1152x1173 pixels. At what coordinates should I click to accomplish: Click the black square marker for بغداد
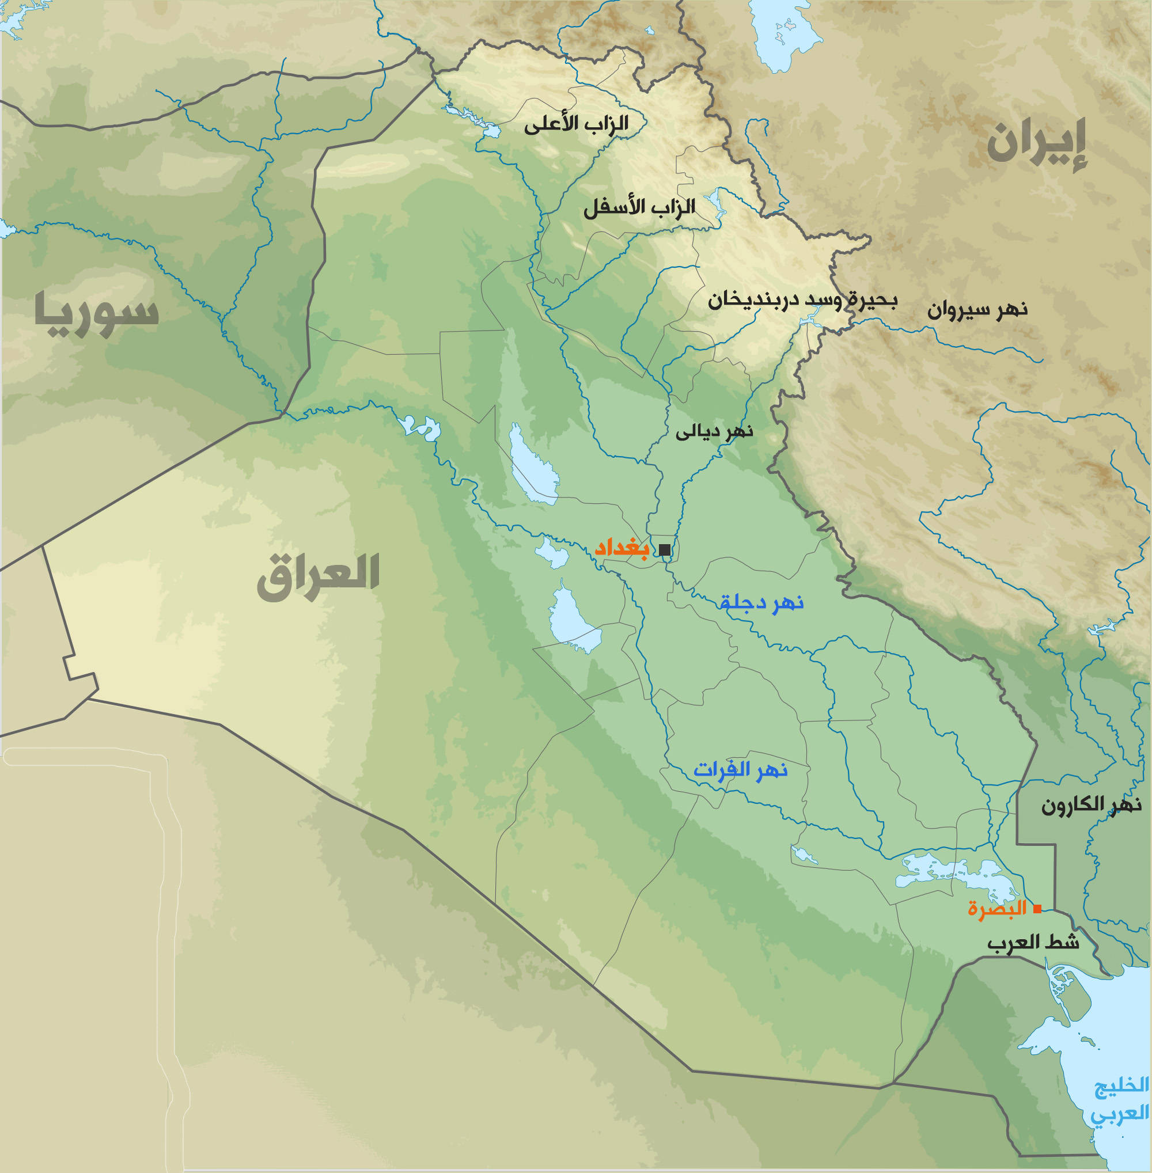click(664, 550)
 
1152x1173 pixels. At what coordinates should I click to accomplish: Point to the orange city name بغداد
click(622, 549)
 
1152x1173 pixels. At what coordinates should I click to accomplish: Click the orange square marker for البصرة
click(1037, 909)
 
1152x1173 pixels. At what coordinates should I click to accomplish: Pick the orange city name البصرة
click(997, 909)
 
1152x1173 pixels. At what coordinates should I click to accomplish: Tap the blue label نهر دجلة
click(761, 602)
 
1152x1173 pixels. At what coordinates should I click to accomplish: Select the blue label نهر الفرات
click(740, 770)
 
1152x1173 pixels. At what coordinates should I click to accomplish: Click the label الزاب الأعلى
click(576, 124)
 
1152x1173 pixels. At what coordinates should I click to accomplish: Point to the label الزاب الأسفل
click(639, 207)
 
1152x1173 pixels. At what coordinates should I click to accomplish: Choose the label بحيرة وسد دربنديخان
click(802, 300)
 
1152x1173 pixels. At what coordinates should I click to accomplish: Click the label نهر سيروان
click(977, 310)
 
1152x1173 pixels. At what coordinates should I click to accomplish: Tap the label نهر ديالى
click(714, 432)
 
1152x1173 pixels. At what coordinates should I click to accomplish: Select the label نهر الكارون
click(1091, 805)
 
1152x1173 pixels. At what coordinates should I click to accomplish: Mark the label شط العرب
click(1033, 943)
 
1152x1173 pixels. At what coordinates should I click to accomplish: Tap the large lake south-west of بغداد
click(572, 620)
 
